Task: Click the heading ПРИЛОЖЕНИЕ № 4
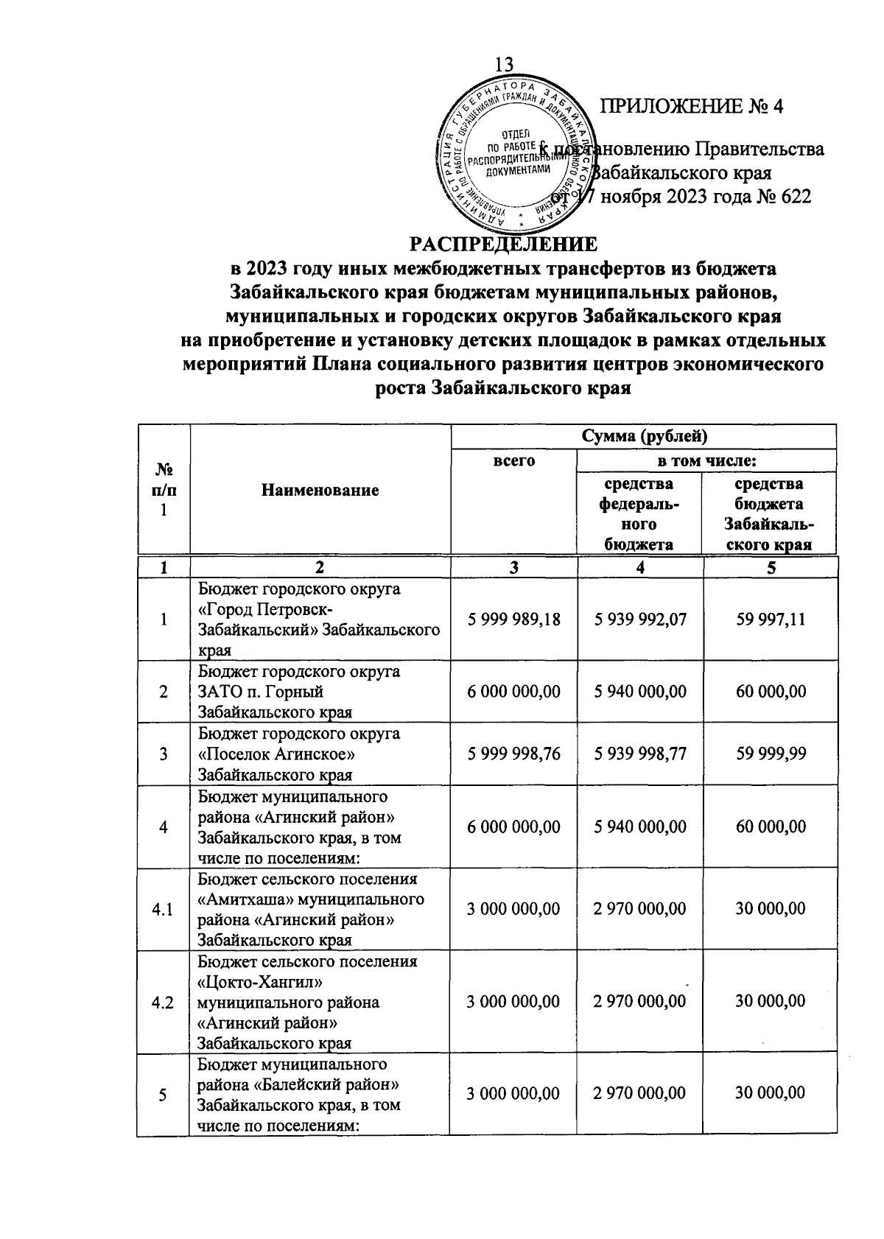(x=692, y=107)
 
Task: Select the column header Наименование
(x=320, y=490)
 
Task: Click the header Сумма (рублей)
(x=644, y=436)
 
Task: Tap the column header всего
(x=513, y=461)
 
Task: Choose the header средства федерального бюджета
(x=639, y=513)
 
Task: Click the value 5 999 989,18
(x=513, y=619)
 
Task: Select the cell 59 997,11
(x=771, y=619)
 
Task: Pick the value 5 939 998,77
(x=640, y=754)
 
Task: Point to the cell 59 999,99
(x=771, y=754)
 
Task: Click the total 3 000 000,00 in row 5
(x=513, y=1093)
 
